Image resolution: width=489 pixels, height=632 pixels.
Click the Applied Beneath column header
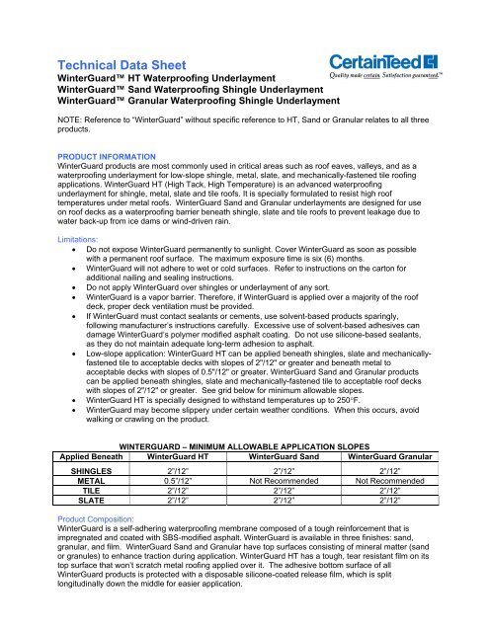[x=73, y=458]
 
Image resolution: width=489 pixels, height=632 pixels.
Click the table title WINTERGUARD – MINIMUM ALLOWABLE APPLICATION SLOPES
[x=244, y=446]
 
